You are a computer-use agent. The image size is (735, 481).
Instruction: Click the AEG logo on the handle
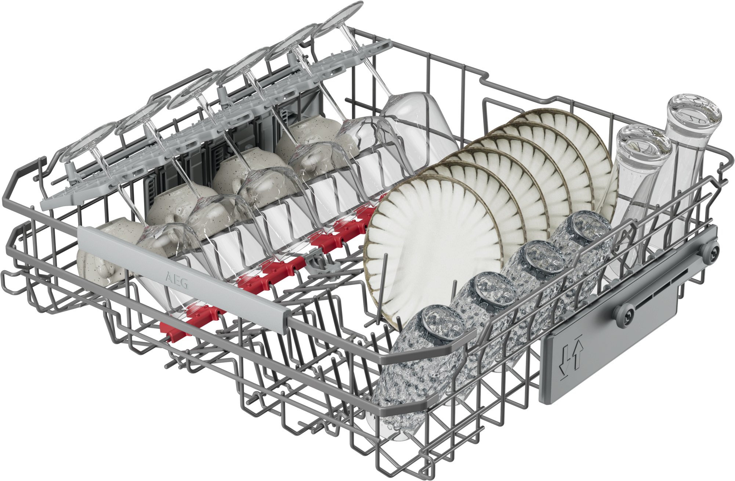pos(177,281)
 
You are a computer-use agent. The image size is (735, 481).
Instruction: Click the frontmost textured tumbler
pos(419,371)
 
